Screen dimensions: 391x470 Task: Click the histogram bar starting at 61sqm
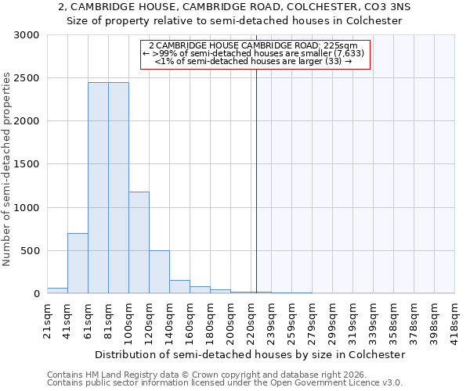tap(98, 188)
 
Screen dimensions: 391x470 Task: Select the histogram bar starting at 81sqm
tap(118, 188)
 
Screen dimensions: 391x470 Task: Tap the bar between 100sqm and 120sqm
tap(139, 242)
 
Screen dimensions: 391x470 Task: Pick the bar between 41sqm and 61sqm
tap(78, 264)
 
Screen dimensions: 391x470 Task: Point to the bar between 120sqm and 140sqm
tap(159, 272)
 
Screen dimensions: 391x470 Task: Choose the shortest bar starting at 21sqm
tap(57, 291)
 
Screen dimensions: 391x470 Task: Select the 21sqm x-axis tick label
tap(47, 316)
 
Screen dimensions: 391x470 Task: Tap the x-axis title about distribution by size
tap(251, 354)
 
